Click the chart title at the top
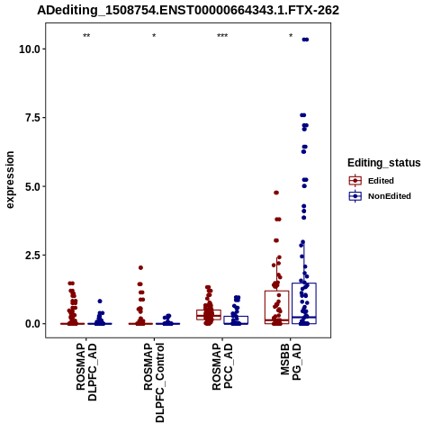[x=188, y=10]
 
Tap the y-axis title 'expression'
[x=10, y=180]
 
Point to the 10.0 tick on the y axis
[x=30, y=49]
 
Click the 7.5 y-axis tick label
[x=33, y=118]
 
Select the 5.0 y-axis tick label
[x=33, y=186]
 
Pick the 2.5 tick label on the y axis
[x=33, y=255]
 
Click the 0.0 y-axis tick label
[x=33, y=324]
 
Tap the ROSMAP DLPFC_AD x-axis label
[x=86, y=372]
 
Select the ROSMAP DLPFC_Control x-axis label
[x=154, y=382]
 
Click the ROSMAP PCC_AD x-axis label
[x=222, y=366]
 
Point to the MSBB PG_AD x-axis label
[x=291, y=363]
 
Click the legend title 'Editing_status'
[x=384, y=163]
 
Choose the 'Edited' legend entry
[x=371, y=181]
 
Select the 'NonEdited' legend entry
[x=380, y=196]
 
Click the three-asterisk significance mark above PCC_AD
[x=222, y=36]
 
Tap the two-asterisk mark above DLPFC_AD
[x=86, y=36]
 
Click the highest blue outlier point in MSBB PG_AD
[x=305, y=40]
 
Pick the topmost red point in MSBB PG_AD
[x=276, y=193]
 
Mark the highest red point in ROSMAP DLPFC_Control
[x=140, y=267]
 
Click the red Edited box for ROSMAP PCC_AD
[x=209, y=310]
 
